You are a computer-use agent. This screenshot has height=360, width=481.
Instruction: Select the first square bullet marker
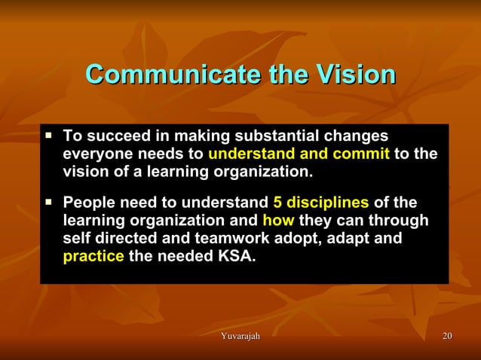tap(49, 136)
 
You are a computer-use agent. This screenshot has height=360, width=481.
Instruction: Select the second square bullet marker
tap(49, 202)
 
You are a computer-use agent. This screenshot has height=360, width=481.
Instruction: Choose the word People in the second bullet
tap(88, 203)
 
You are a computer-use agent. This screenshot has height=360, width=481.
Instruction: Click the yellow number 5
tap(277, 203)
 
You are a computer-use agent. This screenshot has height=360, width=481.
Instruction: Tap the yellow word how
tap(278, 221)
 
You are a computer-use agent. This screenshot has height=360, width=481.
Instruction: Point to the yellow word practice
tap(93, 258)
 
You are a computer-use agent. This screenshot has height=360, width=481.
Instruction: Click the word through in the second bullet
tap(399, 221)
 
